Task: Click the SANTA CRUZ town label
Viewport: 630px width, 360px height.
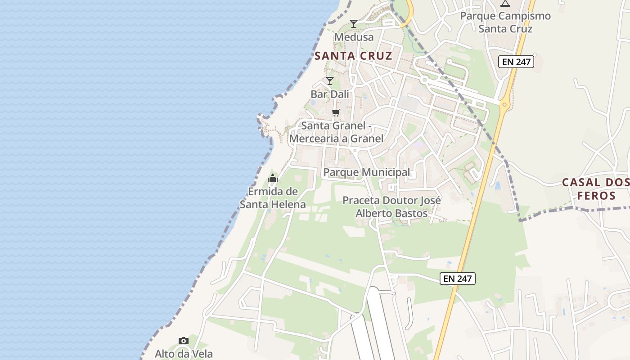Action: coord(353,56)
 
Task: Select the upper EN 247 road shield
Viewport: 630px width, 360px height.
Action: coord(516,62)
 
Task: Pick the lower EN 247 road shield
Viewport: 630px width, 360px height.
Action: coord(458,279)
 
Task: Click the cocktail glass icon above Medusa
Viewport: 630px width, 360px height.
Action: coord(354,23)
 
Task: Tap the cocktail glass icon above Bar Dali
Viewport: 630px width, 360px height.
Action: coord(330,81)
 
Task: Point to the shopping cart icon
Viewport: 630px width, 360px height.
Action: coord(336,112)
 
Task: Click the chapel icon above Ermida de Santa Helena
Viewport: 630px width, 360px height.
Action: coord(273,178)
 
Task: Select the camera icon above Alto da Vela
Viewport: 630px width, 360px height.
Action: coord(183,341)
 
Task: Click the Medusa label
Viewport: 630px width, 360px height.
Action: coord(354,37)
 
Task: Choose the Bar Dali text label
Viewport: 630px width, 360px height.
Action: coord(330,94)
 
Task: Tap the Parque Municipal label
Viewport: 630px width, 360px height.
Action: coord(367,172)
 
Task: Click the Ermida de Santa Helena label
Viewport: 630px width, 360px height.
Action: coord(273,198)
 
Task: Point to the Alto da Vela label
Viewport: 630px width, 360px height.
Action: coord(184,354)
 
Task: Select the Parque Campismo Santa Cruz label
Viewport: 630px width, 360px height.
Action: coord(505,22)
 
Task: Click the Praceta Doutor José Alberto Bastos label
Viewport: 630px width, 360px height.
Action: coord(391,207)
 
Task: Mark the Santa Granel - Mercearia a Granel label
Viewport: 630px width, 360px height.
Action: coord(336,132)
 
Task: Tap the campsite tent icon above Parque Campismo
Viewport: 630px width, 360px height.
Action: coord(505,4)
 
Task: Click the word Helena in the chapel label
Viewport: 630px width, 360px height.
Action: coord(288,205)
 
